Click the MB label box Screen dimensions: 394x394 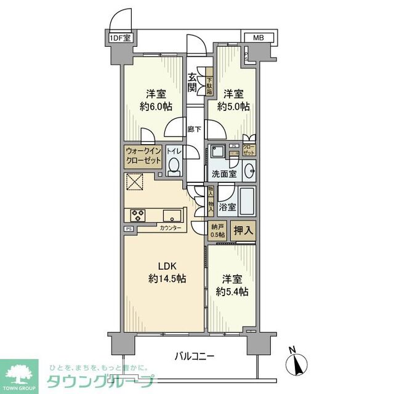(259, 38)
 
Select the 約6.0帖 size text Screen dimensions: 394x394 (154, 107)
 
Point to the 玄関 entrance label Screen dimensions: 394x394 (193, 82)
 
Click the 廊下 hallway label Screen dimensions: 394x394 (194, 129)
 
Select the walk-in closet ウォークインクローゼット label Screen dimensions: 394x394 (143, 156)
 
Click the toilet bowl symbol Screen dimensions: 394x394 (174, 165)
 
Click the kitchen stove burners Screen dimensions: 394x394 (137, 215)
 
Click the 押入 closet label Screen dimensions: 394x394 (243, 230)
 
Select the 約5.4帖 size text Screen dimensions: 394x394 (232, 291)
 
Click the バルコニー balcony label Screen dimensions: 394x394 (194, 355)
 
